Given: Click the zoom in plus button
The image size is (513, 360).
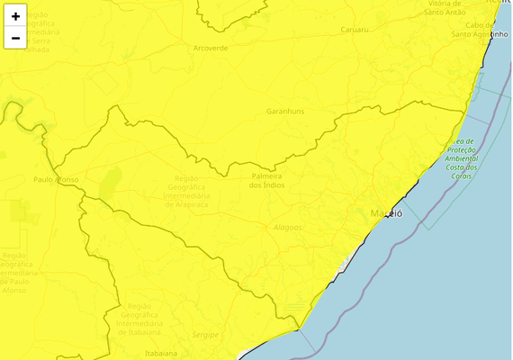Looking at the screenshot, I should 15,16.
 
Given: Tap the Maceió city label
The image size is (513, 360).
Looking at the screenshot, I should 387,213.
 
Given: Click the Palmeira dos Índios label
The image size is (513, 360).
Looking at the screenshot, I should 267,179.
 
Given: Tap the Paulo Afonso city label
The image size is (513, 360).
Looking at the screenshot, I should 56,179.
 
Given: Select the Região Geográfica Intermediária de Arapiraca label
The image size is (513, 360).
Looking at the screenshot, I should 187,191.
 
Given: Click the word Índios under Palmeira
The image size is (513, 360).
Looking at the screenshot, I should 267,184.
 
